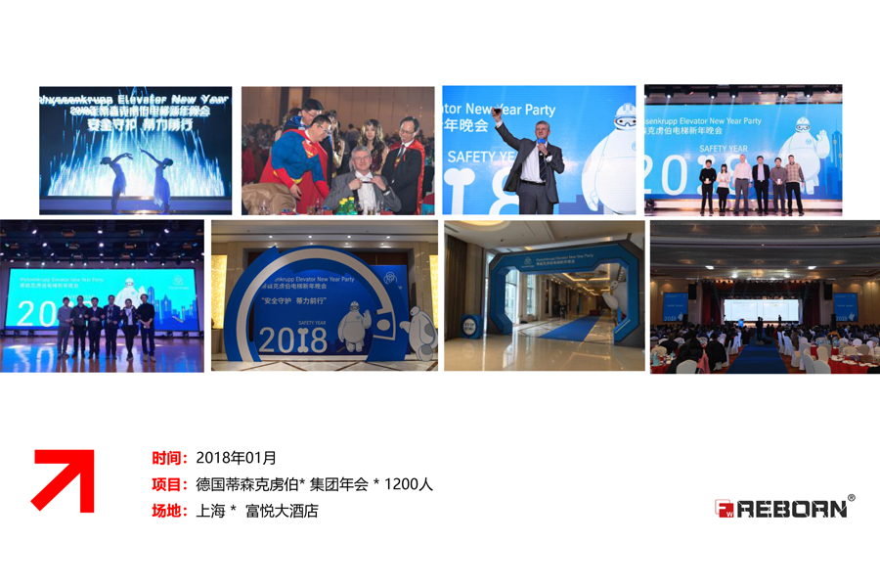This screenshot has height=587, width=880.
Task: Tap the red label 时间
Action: coord(168,458)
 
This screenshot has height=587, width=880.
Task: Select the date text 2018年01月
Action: coord(236,458)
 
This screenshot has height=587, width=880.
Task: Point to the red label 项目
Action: coord(168,484)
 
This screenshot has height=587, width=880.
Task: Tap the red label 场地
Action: coord(168,511)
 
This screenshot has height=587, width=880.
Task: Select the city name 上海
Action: coord(211,511)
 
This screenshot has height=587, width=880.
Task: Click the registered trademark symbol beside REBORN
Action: coord(852,499)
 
